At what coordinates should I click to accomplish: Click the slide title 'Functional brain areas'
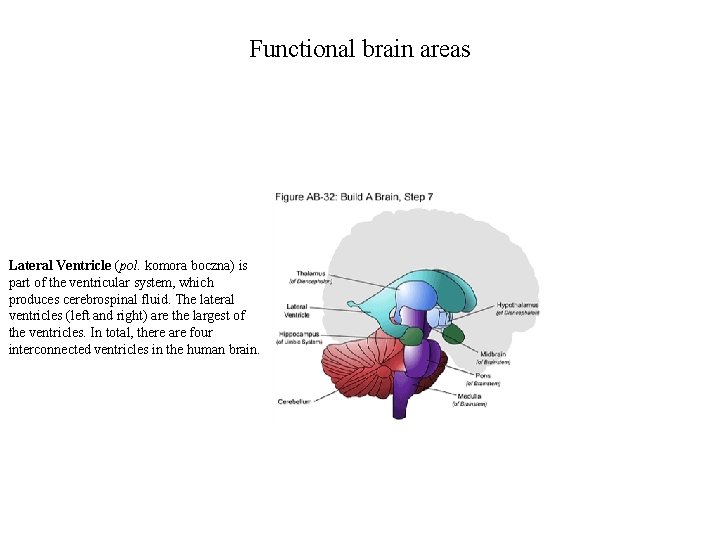359,49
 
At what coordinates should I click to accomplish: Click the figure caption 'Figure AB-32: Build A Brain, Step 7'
354,197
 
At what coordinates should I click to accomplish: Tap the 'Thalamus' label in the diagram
310,273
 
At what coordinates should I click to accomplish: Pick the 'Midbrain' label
494,354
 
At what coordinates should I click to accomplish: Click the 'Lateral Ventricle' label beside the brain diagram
297,310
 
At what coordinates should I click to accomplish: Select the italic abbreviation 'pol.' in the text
133,266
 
